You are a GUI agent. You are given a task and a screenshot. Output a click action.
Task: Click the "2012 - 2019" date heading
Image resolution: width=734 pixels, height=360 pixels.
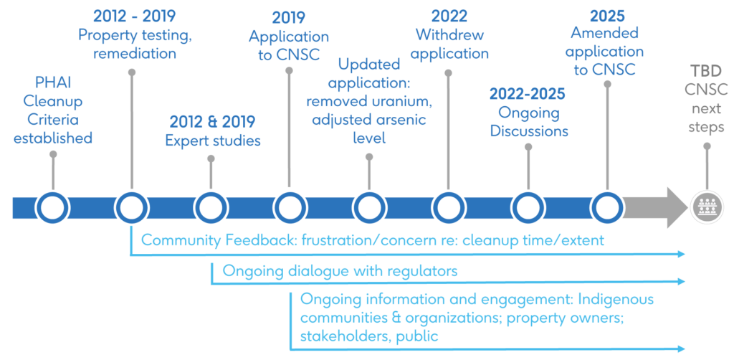click(x=134, y=16)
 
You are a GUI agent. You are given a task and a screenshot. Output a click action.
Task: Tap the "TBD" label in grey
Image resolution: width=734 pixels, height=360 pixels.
click(x=707, y=72)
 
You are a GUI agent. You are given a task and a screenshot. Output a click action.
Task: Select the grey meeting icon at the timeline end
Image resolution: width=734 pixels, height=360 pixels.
click(x=707, y=207)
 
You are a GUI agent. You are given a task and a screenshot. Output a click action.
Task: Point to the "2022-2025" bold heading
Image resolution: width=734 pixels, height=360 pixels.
click(x=528, y=94)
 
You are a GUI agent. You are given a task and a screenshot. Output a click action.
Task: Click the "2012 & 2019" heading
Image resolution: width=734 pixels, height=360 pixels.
click(x=212, y=122)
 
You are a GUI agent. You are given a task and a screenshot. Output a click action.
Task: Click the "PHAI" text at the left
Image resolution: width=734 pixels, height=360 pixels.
click(x=53, y=82)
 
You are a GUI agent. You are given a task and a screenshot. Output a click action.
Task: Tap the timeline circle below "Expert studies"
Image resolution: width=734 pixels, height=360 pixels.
click(x=211, y=207)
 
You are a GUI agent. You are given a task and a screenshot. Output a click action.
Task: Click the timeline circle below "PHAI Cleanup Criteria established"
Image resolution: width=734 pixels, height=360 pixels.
click(x=53, y=207)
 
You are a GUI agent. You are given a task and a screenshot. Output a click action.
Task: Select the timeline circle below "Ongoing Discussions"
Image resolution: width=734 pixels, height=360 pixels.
click(x=528, y=207)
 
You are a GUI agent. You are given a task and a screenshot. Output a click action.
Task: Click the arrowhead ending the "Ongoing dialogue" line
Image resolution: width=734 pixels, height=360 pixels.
click(x=681, y=282)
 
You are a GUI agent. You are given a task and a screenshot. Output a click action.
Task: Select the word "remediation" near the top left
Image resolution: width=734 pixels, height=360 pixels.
click(x=135, y=53)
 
